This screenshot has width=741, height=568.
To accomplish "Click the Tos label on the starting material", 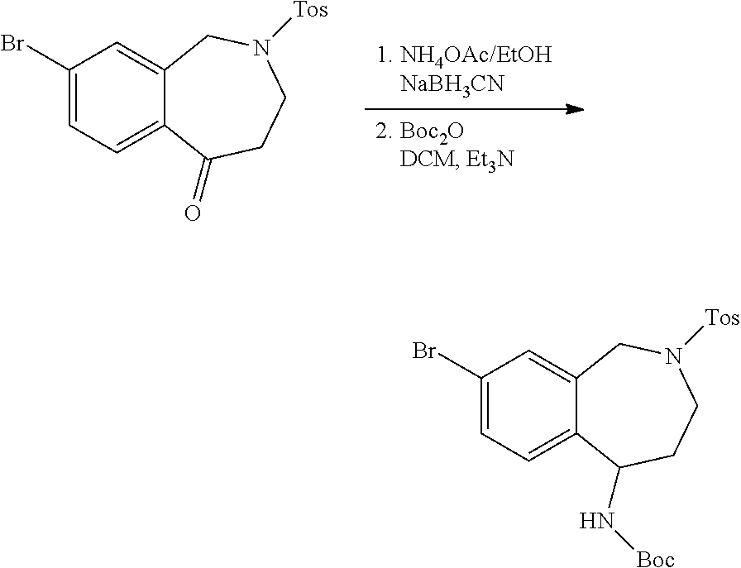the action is click(310, 12).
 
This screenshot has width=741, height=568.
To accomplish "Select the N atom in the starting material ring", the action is click(263, 49).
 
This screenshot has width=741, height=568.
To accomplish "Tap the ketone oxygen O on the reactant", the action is click(192, 213).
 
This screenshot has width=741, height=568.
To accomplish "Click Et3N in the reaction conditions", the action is click(489, 160).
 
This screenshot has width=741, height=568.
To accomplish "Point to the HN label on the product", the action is click(594, 521).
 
